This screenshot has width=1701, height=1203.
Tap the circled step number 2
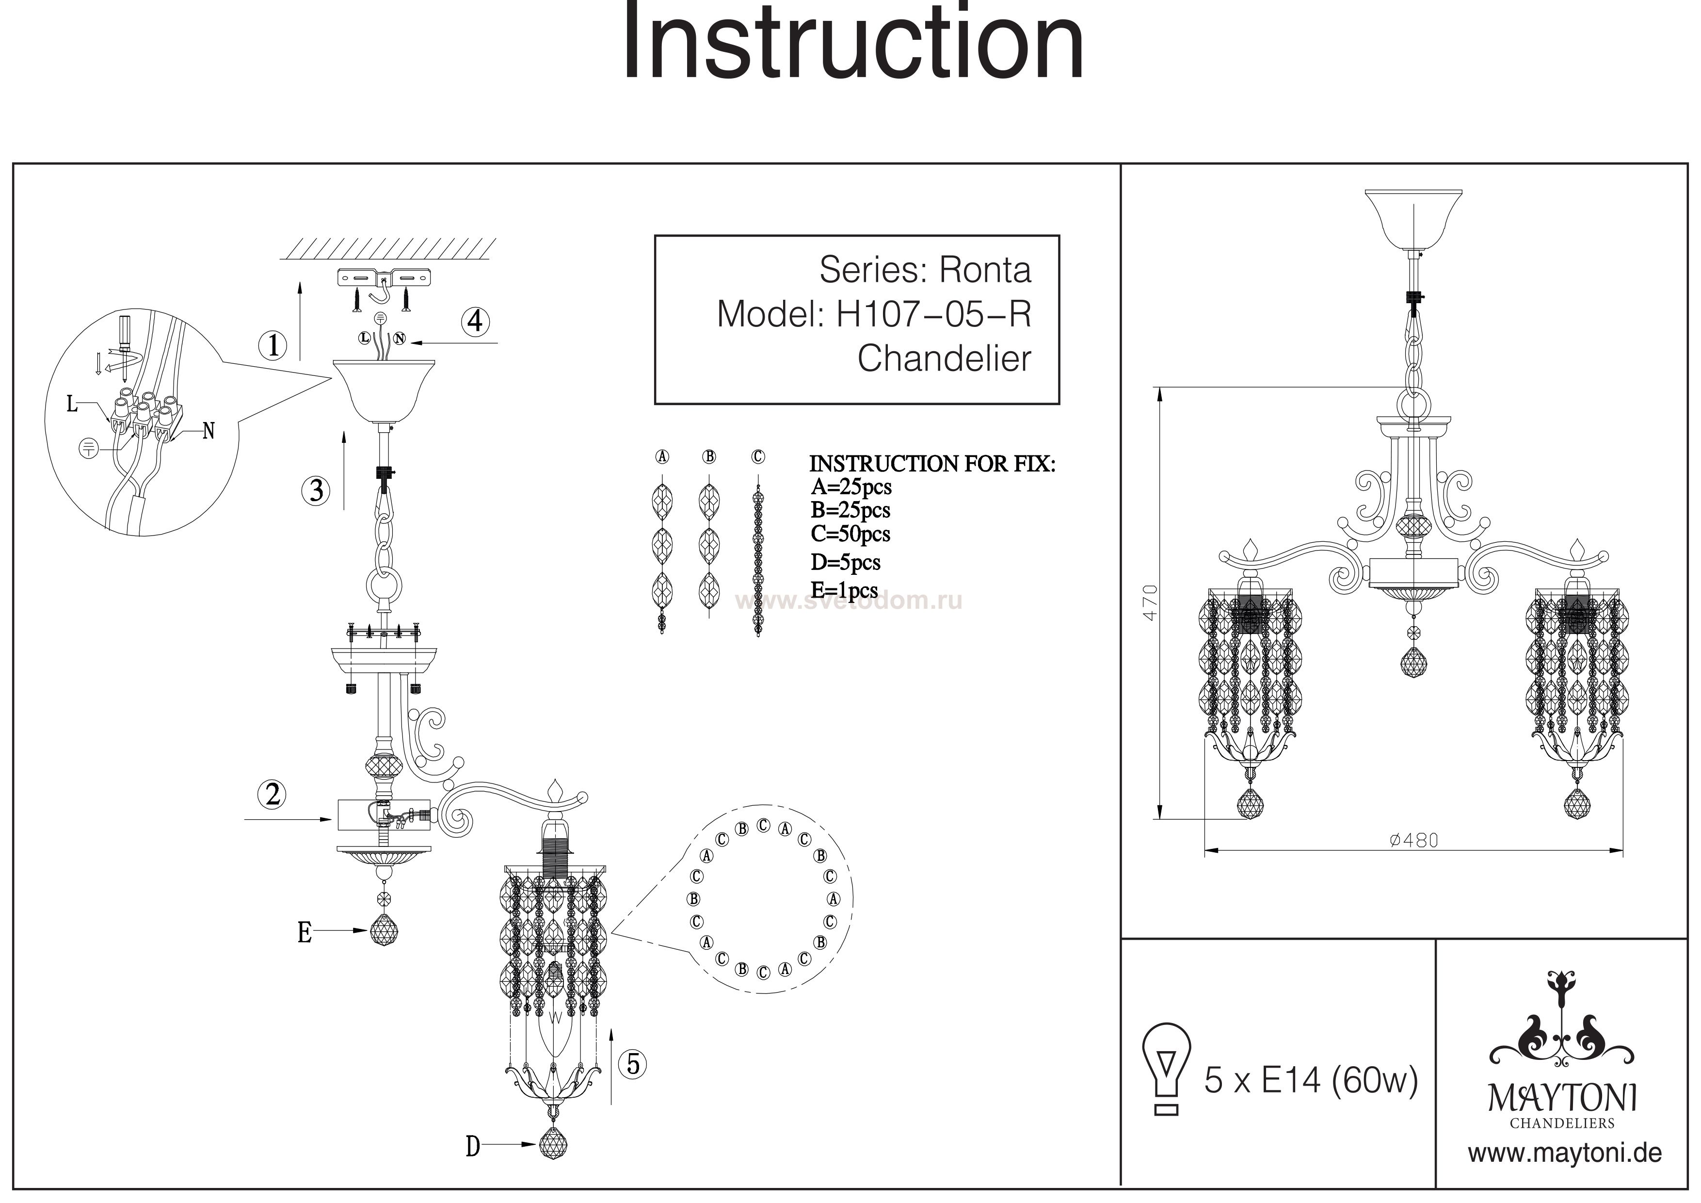273,794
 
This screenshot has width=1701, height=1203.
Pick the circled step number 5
633,1064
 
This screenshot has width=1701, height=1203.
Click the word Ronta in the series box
985,270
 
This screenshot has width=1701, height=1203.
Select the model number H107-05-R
933,314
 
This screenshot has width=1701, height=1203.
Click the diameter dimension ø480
1413,840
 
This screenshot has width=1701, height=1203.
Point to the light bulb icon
1167,1068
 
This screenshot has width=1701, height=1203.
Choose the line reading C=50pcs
850,534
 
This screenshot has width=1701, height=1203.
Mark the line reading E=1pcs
844,591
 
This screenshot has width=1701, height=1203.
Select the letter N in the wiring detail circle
209,431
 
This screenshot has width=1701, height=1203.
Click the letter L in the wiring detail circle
72,404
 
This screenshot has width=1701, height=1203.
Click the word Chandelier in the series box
944,359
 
